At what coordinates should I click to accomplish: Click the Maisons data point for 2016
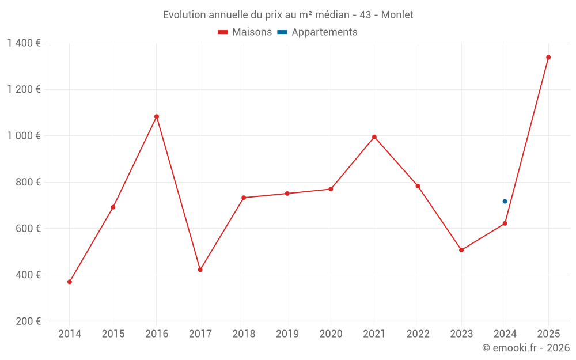click(x=157, y=116)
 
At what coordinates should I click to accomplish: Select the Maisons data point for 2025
click(x=548, y=58)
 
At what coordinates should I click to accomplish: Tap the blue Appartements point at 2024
click(x=505, y=202)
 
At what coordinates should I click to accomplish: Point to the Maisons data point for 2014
click(x=70, y=282)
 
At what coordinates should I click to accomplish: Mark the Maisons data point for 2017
click(x=200, y=270)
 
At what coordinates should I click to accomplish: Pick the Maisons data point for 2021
click(x=374, y=137)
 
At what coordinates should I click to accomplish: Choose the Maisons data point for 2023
click(x=461, y=250)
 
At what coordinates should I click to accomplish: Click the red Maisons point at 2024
click(x=505, y=223)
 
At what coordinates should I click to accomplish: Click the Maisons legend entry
click(x=245, y=32)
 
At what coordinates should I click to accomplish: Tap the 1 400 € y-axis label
click(x=24, y=43)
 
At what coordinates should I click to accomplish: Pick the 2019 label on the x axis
click(x=287, y=334)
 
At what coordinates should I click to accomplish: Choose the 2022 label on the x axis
click(x=418, y=334)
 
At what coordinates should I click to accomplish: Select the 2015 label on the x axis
click(x=113, y=334)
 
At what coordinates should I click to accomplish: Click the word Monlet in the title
click(x=397, y=15)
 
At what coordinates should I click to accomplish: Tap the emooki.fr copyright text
click(x=526, y=348)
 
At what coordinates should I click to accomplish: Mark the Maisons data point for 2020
click(x=331, y=189)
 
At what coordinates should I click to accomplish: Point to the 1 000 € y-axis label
click(x=24, y=136)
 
